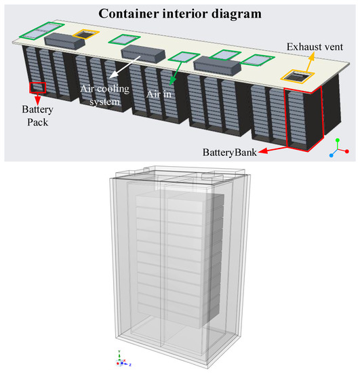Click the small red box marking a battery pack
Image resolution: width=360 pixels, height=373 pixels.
[x=37, y=87]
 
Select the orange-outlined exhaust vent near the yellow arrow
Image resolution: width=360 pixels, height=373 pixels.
[x=296, y=79]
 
